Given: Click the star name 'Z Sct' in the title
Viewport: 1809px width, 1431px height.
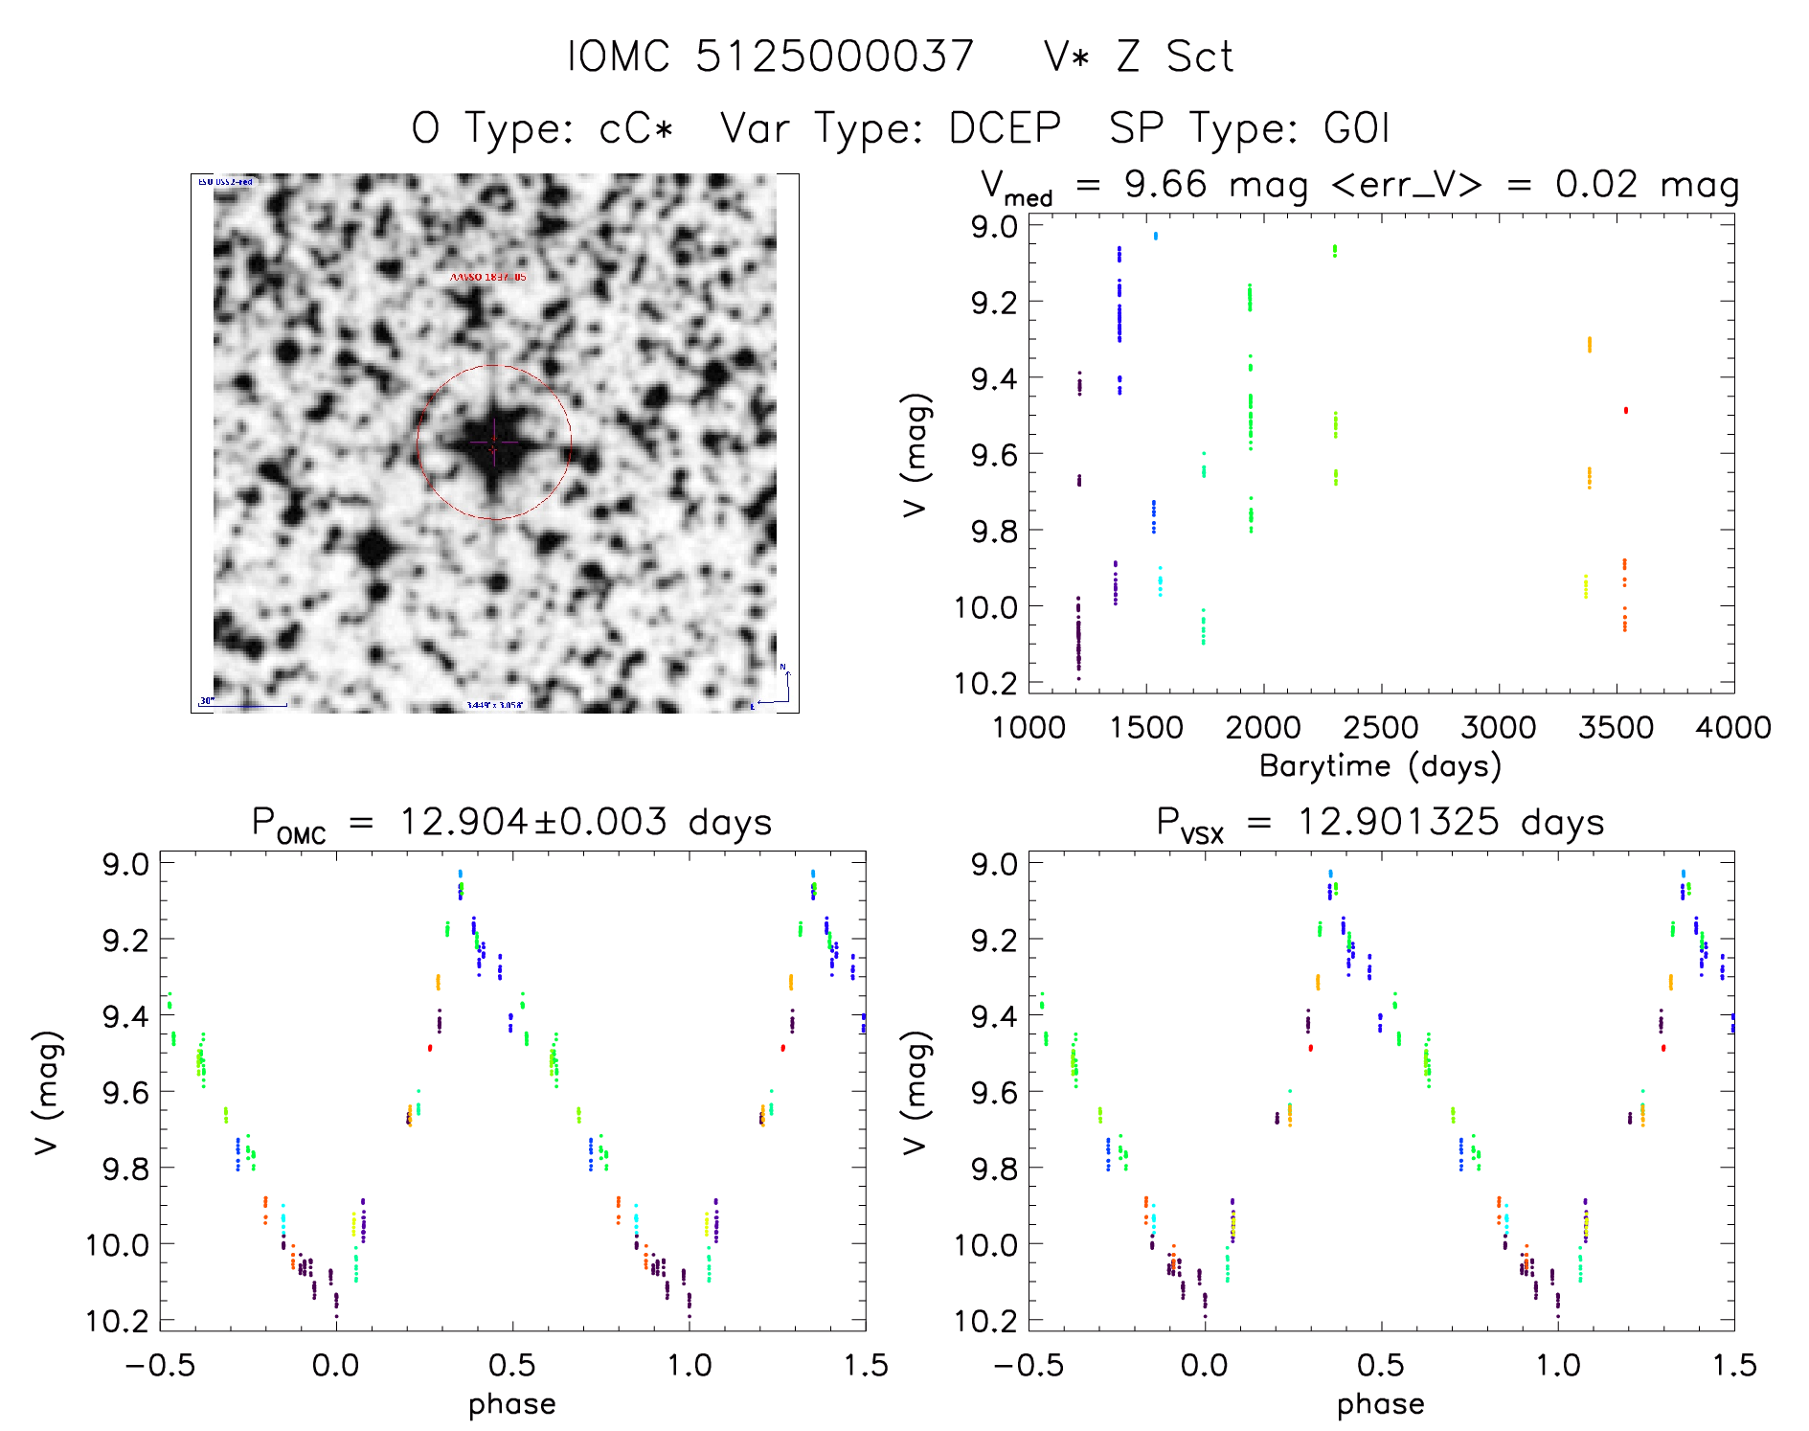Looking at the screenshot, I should click(x=1175, y=57).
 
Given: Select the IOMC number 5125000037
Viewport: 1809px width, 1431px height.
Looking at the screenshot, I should click(x=834, y=57).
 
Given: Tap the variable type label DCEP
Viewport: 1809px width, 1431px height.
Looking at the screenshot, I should click(x=1005, y=127).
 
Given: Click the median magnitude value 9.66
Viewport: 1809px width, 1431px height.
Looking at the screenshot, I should click(x=1165, y=184).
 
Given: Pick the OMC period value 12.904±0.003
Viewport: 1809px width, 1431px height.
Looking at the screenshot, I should click(x=532, y=822).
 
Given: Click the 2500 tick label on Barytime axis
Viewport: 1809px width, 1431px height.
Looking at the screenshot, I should click(x=1381, y=728).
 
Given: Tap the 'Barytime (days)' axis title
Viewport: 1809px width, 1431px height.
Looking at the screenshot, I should click(x=1380, y=766).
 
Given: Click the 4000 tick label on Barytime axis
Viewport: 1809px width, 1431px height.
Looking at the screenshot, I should click(x=1733, y=728).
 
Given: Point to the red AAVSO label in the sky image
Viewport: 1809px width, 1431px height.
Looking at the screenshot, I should click(x=488, y=277).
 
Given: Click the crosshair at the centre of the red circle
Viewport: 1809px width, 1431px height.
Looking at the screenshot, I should click(x=494, y=443).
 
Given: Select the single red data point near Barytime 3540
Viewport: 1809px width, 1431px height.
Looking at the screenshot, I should click(x=1625, y=410).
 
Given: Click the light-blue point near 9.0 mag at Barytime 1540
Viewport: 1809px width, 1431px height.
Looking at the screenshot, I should click(x=1155, y=235).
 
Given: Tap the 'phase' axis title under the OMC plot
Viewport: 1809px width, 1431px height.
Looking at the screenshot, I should click(x=512, y=1404).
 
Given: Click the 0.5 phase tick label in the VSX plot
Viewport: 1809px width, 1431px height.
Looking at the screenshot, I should click(x=1381, y=1365).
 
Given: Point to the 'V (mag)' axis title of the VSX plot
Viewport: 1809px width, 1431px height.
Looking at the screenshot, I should click(x=915, y=1092).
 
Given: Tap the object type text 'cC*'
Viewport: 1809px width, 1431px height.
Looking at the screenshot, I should click(x=637, y=127).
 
